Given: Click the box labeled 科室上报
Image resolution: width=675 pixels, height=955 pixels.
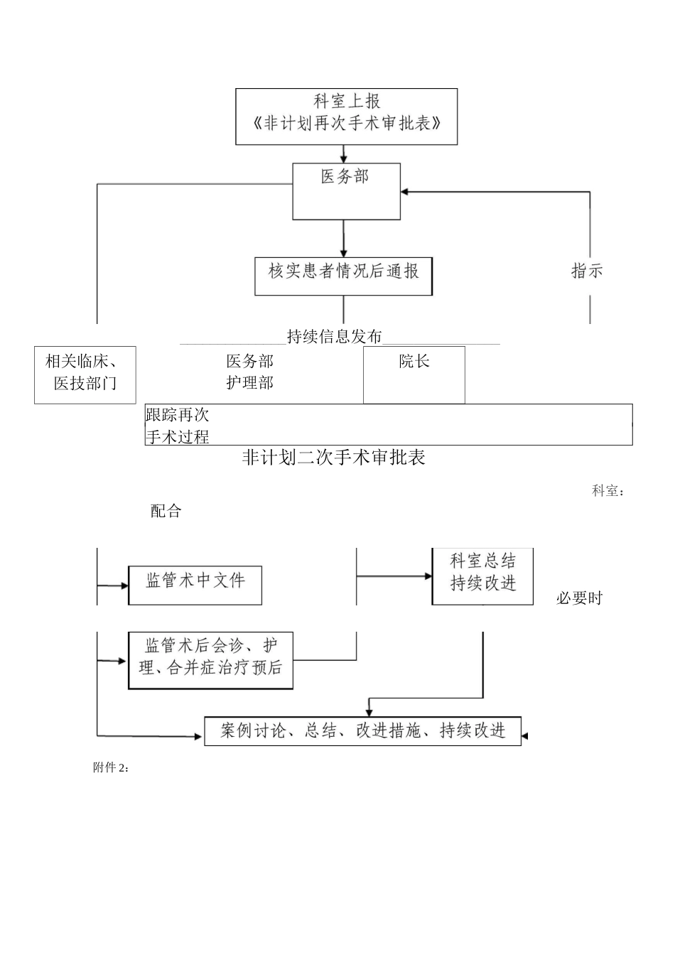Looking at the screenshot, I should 346,116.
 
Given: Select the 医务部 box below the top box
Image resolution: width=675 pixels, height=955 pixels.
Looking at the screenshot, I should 346,190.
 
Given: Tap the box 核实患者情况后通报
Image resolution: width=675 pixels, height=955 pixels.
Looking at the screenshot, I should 343,275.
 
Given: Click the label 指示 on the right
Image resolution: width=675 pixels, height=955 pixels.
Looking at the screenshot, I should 587,271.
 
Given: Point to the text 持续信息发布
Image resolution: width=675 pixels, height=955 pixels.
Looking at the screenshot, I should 335,336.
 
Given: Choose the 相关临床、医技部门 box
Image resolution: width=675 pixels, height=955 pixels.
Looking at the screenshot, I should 85,374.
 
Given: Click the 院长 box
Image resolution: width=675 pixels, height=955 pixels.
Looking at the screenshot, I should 414,374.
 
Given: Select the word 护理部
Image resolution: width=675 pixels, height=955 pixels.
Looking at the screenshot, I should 249,383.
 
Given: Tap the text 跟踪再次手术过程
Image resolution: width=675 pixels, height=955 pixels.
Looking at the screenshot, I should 178,425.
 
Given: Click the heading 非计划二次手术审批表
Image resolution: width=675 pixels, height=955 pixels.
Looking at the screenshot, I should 333,458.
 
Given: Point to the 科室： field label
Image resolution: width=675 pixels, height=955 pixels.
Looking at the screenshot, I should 608,491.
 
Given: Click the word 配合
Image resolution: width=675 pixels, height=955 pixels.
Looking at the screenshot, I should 166,511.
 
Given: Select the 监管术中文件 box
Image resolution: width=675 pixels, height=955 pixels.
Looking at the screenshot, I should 195,585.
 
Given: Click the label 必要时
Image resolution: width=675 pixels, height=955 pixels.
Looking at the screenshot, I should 578,598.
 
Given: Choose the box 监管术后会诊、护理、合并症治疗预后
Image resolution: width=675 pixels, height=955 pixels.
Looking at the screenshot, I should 210,660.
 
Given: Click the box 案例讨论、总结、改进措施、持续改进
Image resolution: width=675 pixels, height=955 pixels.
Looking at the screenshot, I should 362,730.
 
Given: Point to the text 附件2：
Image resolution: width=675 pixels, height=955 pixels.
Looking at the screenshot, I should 111,767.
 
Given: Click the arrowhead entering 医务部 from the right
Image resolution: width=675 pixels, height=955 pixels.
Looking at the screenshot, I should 404,192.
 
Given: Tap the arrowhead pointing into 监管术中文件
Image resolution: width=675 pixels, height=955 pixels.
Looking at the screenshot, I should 124,586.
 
